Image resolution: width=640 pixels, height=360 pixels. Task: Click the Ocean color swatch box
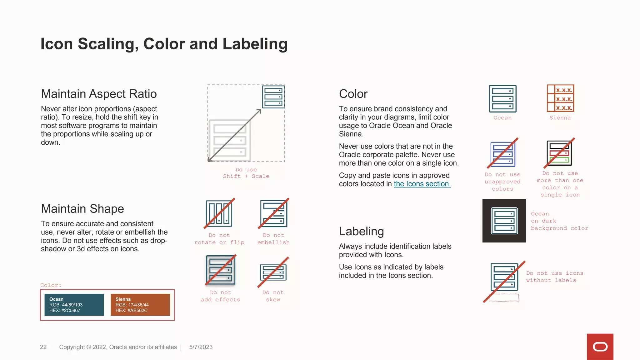pos(74,305)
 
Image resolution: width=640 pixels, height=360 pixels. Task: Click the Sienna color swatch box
pos(140,305)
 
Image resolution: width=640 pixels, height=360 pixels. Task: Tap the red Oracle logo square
pos(600,347)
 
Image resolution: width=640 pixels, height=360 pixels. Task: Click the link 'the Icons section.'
pos(422,184)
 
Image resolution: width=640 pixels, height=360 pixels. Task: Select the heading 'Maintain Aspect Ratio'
pos(99,94)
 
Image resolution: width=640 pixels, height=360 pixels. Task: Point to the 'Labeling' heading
pos(361,231)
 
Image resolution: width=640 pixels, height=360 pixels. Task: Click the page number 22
pos(43,347)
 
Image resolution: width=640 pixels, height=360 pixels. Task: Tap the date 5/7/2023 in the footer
pos(201,347)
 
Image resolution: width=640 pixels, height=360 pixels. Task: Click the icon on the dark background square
pos(504,221)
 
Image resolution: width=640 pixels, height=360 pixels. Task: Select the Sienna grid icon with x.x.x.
pos(560,98)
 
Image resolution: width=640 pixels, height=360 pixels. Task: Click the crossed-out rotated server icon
pos(219,213)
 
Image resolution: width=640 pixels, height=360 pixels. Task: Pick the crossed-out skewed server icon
pos(273,272)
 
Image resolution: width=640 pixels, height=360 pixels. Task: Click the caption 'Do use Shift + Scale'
pos(246,173)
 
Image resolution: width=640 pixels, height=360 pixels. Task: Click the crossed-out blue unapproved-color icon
pos(502,153)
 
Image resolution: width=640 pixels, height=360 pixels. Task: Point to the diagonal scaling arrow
pos(234,135)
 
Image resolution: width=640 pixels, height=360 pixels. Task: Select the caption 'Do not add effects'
pos(221,296)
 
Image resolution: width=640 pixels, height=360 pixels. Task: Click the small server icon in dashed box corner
pos(273,97)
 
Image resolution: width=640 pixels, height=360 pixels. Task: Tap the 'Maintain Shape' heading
pos(82,208)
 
